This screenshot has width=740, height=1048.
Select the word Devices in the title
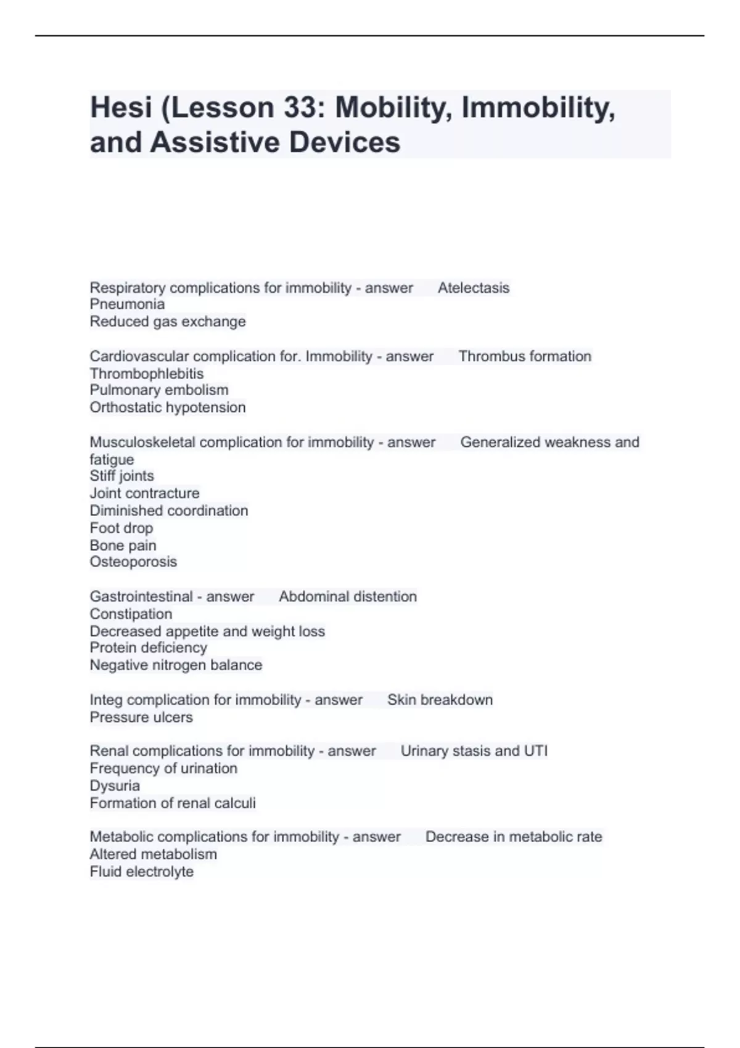click(345, 142)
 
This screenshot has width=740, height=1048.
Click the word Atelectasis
click(474, 288)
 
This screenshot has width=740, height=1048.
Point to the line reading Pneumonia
click(127, 305)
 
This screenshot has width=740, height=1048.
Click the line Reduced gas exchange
click(168, 322)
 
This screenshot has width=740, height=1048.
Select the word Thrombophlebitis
click(147, 374)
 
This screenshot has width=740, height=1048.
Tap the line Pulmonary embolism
click(159, 390)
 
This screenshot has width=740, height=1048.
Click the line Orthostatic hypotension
click(168, 407)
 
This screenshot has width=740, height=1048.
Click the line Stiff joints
click(122, 476)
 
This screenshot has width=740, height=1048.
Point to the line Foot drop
click(121, 528)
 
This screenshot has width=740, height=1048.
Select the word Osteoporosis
click(133, 562)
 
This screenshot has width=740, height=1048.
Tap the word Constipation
click(131, 614)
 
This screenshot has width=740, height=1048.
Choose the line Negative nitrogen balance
click(176, 665)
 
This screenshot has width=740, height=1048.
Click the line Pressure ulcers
click(141, 718)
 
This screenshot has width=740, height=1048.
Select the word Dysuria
click(115, 786)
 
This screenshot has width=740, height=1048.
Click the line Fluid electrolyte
click(142, 872)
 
